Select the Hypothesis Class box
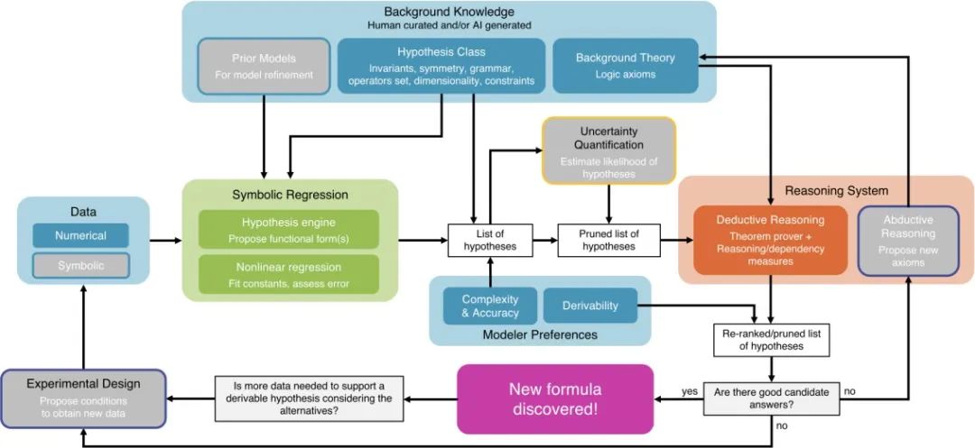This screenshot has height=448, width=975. point(441,65)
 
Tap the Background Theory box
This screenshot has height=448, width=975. point(625,65)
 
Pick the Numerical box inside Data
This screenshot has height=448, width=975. point(81,236)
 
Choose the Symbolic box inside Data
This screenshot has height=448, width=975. point(81,265)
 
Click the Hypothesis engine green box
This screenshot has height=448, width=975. point(289,229)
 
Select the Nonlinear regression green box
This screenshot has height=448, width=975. point(289,273)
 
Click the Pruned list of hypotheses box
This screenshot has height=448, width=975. point(608,240)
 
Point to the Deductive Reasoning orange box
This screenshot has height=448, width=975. point(770,241)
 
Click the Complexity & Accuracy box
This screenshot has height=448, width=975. point(490,306)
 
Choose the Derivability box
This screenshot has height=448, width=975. point(590,306)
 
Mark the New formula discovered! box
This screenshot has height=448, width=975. point(555,398)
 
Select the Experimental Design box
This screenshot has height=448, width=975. point(83,398)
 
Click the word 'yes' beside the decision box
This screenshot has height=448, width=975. point(691,392)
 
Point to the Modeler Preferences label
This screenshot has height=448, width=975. point(539,335)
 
